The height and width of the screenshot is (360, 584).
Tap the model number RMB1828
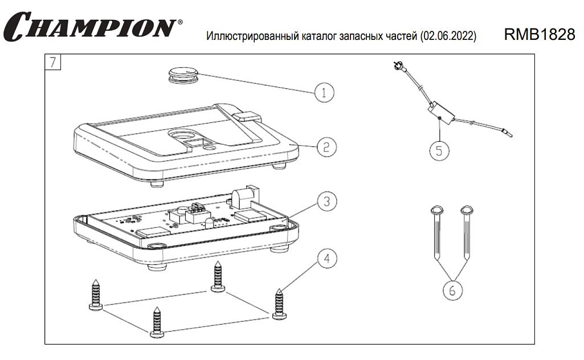click(539, 35)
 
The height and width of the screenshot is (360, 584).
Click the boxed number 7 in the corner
click(53, 62)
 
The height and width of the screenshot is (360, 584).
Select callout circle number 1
click(324, 92)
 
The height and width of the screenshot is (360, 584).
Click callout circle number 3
click(326, 201)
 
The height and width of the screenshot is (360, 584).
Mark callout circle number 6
click(452, 290)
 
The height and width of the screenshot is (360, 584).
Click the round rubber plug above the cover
click(183, 74)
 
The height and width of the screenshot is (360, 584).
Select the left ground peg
click(437, 231)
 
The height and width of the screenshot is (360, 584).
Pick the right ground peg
click(468, 231)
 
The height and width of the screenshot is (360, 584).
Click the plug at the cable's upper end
click(398, 68)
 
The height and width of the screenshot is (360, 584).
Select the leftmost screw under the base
click(95, 295)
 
